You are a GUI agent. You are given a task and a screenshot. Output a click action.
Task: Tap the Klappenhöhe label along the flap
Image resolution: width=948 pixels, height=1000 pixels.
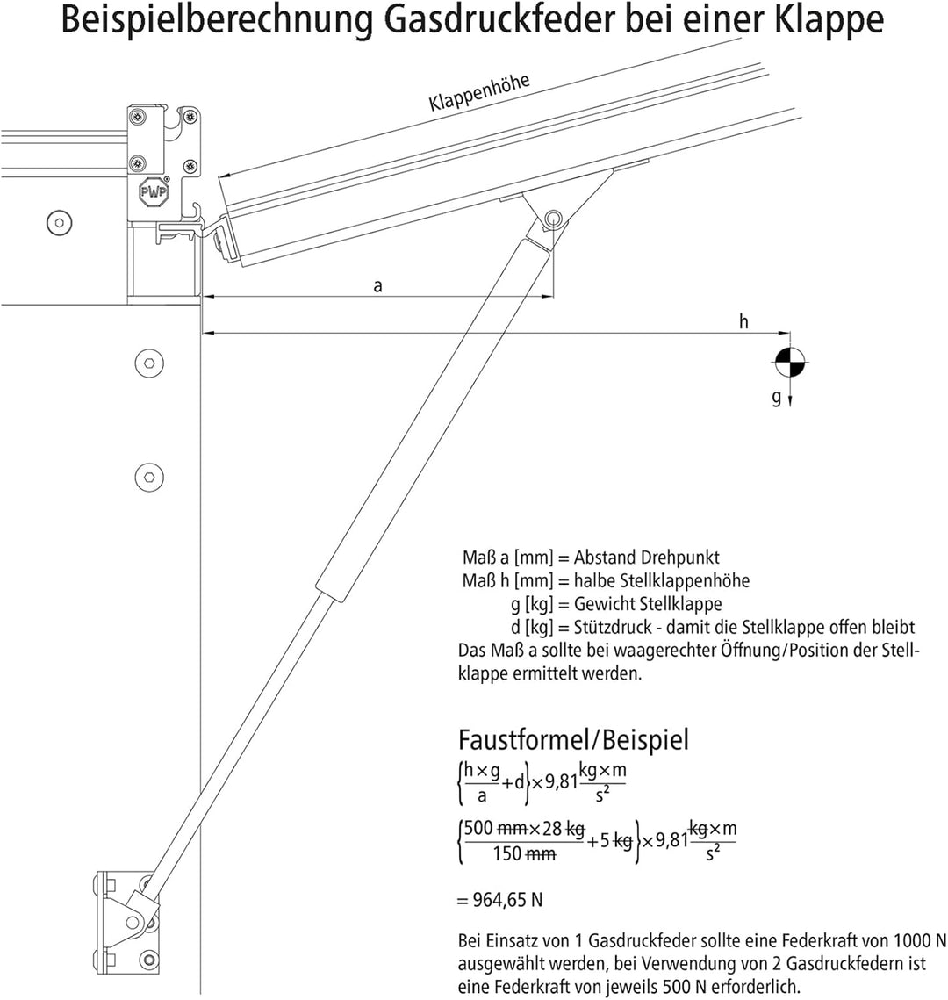(478, 93)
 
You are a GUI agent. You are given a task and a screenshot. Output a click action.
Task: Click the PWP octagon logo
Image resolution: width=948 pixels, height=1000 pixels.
(154, 191)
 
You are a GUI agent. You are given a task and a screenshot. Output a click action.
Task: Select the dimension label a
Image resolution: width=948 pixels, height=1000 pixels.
(378, 286)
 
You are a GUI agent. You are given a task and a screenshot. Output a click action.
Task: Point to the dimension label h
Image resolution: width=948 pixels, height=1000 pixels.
(743, 321)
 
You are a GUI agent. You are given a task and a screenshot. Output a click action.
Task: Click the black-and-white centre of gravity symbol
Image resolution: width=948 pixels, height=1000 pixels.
(790, 363)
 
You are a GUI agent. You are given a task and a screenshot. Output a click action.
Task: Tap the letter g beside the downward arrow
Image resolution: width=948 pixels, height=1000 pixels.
(776, 398)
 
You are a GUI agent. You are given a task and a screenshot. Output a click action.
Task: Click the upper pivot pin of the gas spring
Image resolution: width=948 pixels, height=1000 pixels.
(552, 219)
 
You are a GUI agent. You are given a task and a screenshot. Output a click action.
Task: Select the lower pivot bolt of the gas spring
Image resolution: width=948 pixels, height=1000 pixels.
(133, 922)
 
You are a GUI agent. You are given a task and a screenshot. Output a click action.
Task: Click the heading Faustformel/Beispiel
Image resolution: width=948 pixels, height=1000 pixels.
(574, 740)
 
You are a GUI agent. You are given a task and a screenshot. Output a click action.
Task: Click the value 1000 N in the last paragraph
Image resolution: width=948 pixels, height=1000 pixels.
(920, 940)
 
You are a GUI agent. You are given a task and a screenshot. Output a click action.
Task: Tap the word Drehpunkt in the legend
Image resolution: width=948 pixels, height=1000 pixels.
(679, 558)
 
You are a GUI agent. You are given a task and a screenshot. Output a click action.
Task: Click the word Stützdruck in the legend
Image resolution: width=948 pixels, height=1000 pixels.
(610, 627)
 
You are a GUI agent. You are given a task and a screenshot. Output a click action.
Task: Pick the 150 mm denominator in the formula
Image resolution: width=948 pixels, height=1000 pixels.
(524, 853)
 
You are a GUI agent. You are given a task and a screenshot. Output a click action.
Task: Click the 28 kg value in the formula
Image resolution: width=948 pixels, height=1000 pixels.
(564, 829)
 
